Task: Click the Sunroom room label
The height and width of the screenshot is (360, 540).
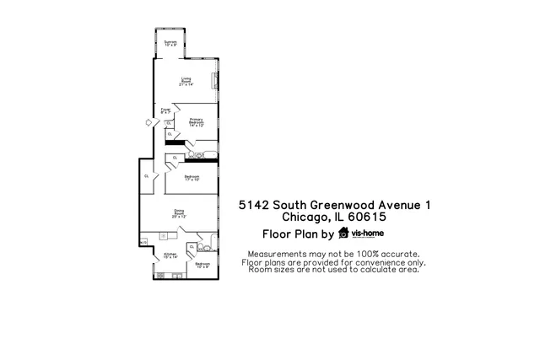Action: [171, 43]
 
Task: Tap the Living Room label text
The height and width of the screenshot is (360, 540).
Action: [185, 82]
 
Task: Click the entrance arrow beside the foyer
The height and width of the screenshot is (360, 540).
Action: [149, 122]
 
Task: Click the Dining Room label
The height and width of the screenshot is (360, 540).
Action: [179, 213]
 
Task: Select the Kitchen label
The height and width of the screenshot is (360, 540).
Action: [170, 255]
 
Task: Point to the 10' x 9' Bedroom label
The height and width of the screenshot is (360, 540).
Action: [202, 265]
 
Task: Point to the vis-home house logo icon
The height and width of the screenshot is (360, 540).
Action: [343, 234]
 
